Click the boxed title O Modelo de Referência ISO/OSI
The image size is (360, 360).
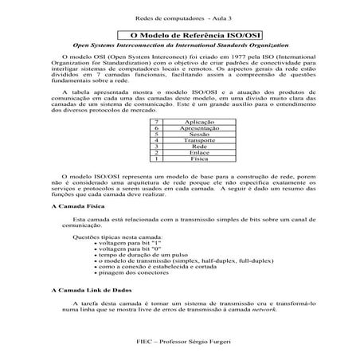click(179, 36)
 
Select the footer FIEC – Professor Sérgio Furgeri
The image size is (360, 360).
click(179, 341)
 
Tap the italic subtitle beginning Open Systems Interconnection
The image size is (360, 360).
click(179, 47)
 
